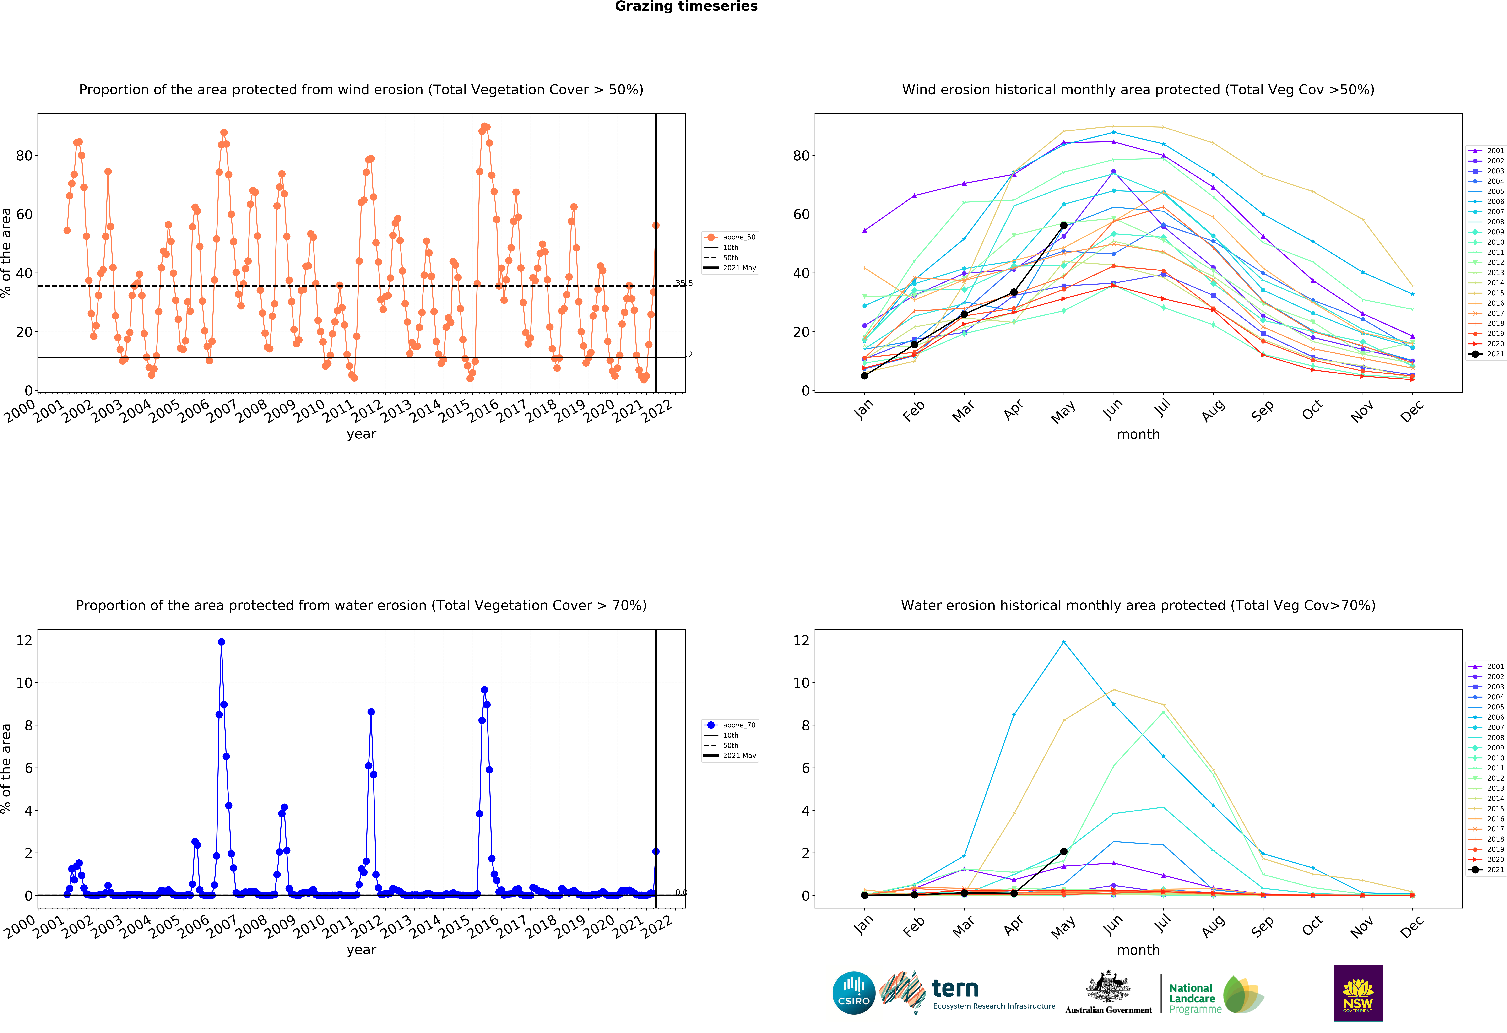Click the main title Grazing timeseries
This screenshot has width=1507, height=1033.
tap(686, 6)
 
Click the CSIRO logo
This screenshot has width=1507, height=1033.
tap(853, 993)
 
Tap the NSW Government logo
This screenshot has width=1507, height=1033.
tap(1358, 993)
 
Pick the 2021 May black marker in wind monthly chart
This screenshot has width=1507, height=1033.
tap(1063, 225)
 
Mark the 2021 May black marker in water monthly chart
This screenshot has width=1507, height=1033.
tap(1063, 851)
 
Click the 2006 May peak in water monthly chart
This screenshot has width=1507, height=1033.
tap(1063, 642)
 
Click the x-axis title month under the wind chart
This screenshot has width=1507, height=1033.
tap(1138, 434)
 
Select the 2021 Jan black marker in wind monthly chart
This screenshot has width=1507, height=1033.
tap(864, 375)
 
